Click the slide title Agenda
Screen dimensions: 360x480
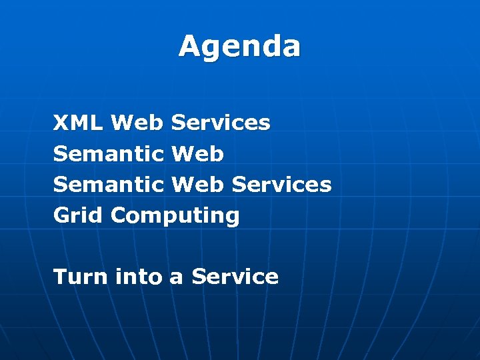(x=239, y=47)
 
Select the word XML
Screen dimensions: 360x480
(x=78, y=123)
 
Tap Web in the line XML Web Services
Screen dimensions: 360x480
(x=137, y=123)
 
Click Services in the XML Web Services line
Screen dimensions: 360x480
(x=221, y=123)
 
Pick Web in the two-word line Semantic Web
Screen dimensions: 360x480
(x=197, y=154)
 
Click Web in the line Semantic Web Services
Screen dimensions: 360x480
(x=197, y=185)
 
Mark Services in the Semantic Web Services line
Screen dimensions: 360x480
(x=281, y=185)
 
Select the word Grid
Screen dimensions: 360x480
(x=79, y=215)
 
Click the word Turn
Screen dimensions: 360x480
(x=80, y=276)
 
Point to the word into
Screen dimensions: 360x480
(x=139, y=276)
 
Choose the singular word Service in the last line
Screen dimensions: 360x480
(x=235, y=276)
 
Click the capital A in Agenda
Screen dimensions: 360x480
(x=189, y=47)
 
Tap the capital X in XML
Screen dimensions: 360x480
(x=61, y=123)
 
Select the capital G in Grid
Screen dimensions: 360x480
(x=61, y=215)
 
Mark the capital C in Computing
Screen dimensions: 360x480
(x=119, y=215)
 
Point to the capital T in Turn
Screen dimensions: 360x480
(x=60, y=276)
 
